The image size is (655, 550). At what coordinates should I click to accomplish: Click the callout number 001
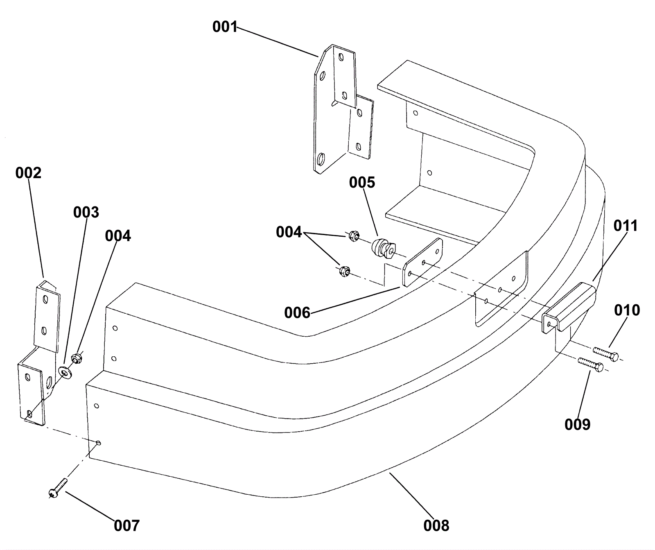click(225, 27)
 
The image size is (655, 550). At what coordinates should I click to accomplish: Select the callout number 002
click(28, 173)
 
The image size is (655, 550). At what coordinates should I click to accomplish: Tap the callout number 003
click(86, 212)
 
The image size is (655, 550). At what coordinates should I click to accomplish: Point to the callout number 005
click(362, 182)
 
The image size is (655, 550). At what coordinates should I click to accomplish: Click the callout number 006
click(297, 313)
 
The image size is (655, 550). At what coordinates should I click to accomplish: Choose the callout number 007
click(127, 525)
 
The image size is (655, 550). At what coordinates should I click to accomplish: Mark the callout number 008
click(436, 525)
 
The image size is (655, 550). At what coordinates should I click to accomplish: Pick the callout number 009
click(577, 425)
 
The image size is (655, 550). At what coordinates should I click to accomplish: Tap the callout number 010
click(627, 310)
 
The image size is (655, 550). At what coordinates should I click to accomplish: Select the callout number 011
click(626, 226)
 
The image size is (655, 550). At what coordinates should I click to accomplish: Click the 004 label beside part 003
click(118, 236)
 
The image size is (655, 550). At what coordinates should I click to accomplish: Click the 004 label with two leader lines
click(289, 232)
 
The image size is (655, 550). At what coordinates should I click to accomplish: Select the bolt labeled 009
click(590, 364)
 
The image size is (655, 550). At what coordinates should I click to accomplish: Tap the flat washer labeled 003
click(65, 371)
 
